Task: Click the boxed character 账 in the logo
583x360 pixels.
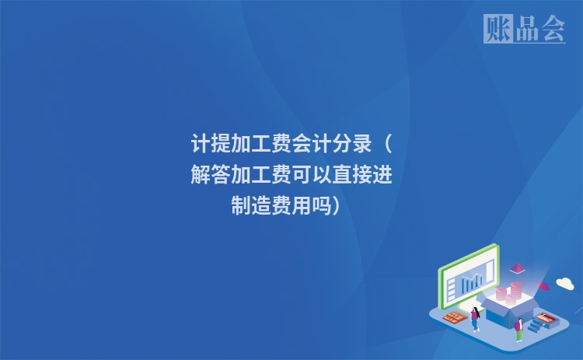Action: coord(497,29)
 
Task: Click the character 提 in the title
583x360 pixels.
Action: coord(221,145)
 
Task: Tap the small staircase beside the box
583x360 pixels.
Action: coord(535,326)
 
